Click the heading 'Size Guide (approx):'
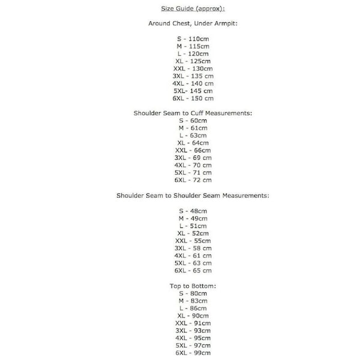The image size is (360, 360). (x=188, y=9)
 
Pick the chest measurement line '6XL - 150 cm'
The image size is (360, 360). (x=193, y=98)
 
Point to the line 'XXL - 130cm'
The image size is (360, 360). (x=193, y=68)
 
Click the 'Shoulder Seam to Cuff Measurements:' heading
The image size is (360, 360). (x=192, y=113)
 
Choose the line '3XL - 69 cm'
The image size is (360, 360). (x=193, y=158)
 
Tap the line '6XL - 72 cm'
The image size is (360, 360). (x=193, y=180)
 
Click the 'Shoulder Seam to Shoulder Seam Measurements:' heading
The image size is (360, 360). (x=192, y=196)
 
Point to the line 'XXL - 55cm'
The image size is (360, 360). (x=193, y=241)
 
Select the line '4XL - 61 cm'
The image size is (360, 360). (x=193, y=256)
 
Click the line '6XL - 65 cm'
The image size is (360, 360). (x=193, y=271)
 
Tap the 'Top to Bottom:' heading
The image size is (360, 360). (x=192, y=286)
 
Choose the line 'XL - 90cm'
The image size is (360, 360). (x=193, y=316)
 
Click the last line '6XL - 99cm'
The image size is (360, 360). (x=193, y=353)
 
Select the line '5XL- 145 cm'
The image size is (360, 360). (x=193, y=91)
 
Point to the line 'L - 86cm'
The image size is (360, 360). (x=193, y=308)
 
